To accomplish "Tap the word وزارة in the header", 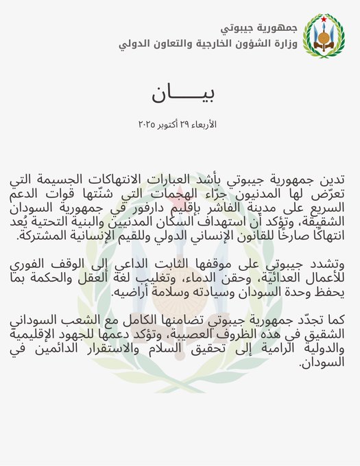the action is (x=283, y=45).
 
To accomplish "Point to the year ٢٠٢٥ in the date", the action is (x=148, y=124).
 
